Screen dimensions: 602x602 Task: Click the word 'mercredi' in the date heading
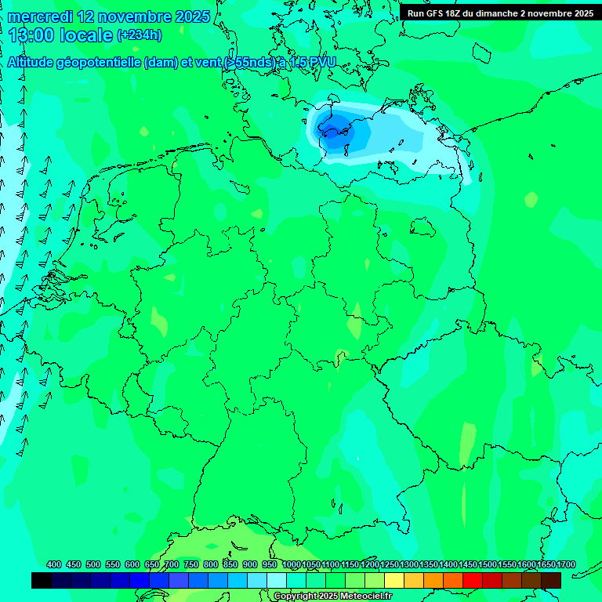(39, 16)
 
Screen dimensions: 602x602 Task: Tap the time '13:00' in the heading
(31, 35)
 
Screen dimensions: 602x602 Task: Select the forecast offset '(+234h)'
(139, 35)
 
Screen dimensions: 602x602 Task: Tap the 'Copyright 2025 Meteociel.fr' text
(332, 596)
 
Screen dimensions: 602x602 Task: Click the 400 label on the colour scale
(54, 564)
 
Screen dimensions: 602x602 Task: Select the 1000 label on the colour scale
(291, 564)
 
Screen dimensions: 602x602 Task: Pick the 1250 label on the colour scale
(390, 564)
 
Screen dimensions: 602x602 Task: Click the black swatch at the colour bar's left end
(42, 580)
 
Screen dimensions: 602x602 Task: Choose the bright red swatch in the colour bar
(473, 580)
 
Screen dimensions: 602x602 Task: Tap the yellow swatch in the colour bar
(394, 580)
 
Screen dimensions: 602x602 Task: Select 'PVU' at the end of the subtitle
(320, 63)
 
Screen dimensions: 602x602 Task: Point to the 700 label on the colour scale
(172, 564)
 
